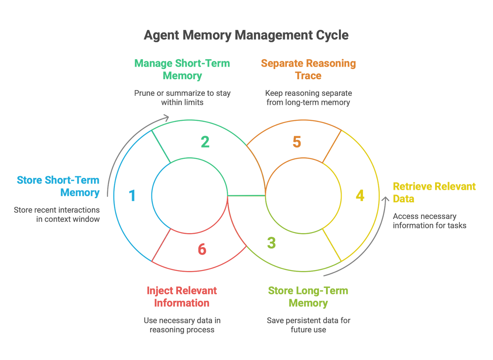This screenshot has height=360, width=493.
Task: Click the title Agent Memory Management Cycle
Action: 246,35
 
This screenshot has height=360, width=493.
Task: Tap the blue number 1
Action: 132,196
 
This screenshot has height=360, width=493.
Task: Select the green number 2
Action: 205,141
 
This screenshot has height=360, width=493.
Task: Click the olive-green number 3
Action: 272,243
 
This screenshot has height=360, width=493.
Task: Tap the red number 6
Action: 202,250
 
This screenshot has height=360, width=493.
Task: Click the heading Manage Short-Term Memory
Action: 182,69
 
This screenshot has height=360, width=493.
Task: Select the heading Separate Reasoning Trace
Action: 308,69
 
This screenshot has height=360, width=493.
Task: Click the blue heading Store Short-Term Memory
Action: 58,186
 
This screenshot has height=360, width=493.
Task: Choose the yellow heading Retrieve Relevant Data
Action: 434,192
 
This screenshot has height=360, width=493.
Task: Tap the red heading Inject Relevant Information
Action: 182,296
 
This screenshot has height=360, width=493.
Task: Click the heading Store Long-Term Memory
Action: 308,296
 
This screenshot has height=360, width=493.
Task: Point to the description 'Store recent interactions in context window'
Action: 57,214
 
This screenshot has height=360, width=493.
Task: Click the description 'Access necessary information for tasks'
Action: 429,221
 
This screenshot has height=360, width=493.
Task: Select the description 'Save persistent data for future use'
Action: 308,325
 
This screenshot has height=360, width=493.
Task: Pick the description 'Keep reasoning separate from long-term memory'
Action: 308,97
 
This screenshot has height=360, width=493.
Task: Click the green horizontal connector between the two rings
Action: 246,195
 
